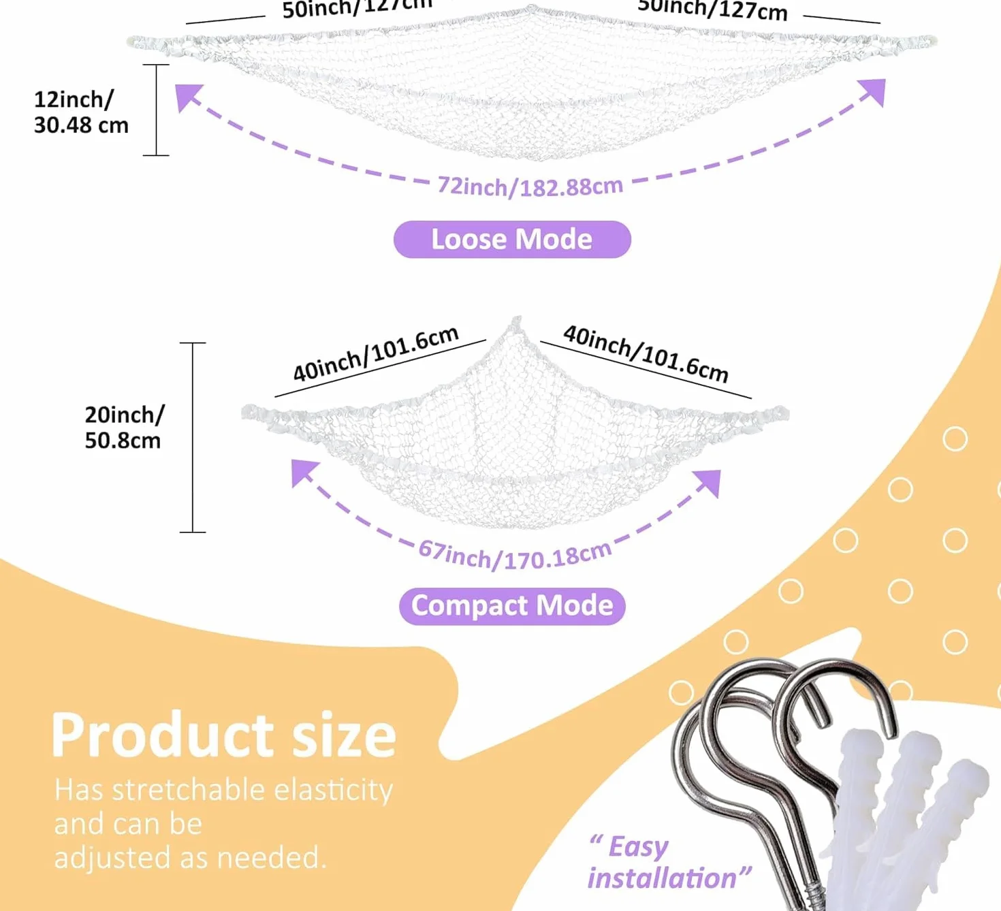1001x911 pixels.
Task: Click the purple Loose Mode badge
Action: [x=512, y=239]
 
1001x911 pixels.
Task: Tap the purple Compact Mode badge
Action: [x=512, y=606]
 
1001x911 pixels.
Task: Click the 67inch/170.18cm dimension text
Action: [x=515, y=555]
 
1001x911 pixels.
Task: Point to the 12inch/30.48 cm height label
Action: [x=81, y=112]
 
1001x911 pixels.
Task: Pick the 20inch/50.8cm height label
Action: [x=124, y=428]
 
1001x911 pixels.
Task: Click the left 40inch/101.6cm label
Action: [x=376, y=353]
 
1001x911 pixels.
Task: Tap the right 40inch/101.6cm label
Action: [x=646, y=353]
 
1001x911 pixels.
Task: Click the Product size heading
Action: [x=224, y=735]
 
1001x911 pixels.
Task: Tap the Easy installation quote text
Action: [x=669, y=862]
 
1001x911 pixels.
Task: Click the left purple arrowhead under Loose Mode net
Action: [x=188, y=97]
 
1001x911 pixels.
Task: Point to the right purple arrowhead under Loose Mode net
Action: [x=872, y=92]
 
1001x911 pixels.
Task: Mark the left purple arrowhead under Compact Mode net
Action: [x=304, y=473]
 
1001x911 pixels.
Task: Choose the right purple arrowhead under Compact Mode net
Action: [x=707, y=483]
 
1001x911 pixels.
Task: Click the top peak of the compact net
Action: [x=517, y=319]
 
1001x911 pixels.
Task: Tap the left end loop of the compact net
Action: [x=249, y=413]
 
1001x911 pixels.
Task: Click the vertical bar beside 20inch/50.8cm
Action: [x=193, y=438]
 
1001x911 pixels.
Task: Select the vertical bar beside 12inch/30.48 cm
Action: [x=156, y=110]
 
